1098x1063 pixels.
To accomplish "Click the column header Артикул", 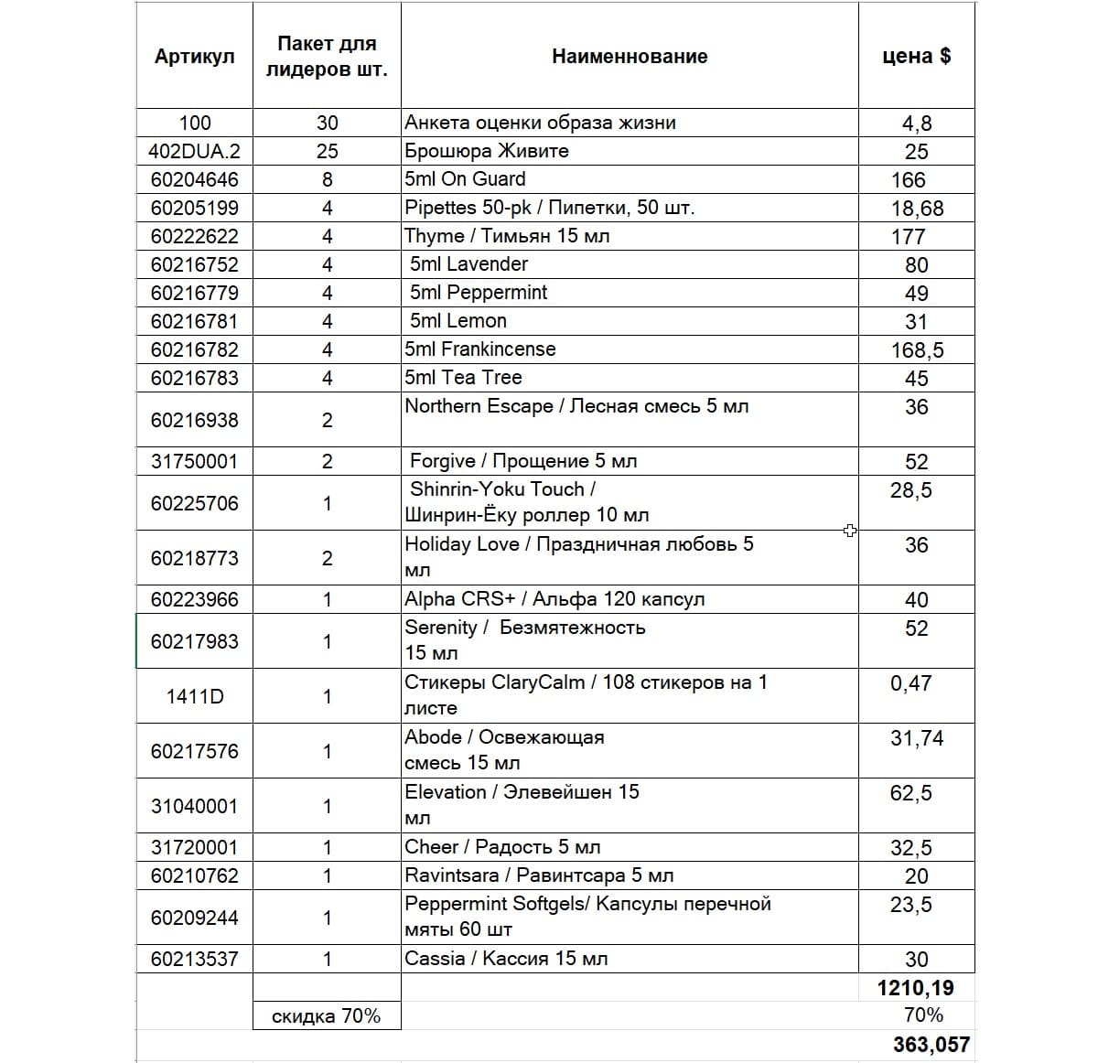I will point(194,57).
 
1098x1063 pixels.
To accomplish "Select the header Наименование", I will point(630,57).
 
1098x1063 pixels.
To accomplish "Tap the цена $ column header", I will point(916,57).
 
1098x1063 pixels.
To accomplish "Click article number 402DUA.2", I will point(194,151).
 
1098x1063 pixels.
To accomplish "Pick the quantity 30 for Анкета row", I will point(327,123).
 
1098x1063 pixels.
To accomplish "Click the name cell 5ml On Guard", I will point(466,178).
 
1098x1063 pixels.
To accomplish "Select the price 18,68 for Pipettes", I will point(917,209).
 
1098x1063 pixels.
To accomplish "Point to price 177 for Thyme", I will point(908,237).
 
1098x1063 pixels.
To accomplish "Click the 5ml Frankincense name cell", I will point(480,349).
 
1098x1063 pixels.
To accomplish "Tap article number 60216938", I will point(194,420).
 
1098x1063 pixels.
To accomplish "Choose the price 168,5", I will point(917,350).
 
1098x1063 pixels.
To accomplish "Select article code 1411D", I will point(194,696).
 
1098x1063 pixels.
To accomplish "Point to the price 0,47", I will point(910,683).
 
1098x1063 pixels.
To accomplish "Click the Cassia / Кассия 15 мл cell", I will point(506,959).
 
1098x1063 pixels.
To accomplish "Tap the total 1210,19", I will point(915,988).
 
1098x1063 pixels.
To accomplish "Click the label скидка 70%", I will point(326,1016).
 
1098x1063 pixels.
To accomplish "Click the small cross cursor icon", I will point(850,531).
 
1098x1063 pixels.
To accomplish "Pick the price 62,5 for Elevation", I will point(910,793).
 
